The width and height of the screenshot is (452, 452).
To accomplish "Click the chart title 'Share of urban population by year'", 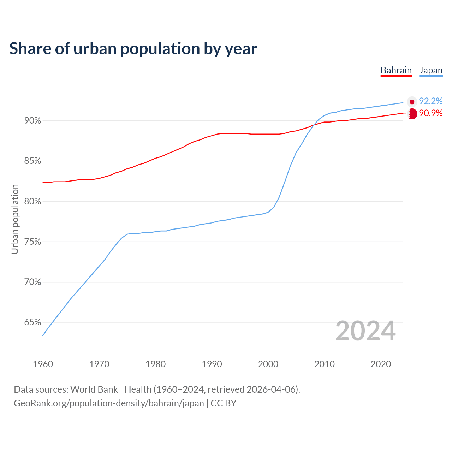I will (x=133, y=48).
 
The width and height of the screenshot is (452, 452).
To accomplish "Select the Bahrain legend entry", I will (x=396, y=70).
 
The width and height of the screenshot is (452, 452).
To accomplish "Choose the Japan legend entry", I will (x=431, y=70).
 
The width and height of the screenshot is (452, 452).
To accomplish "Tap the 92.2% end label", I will (x=430, y=101).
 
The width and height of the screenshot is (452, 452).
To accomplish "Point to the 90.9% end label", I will (x=430, y=113).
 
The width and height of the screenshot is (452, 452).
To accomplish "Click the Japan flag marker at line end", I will (x=412, y=102).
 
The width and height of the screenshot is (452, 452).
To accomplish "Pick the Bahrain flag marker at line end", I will (x=412, y=114).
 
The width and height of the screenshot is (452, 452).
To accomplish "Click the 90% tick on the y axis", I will (x=32, y=121).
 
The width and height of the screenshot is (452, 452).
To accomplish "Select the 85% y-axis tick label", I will (x=32, y=161).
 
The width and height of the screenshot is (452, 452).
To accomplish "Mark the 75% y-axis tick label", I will (x=32, y=242).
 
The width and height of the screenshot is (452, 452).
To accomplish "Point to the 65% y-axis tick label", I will (x=32, y=322).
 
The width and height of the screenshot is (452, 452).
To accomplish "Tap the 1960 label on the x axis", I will (x=43, y=364).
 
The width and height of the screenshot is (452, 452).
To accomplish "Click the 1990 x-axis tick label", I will (x=212, y=364).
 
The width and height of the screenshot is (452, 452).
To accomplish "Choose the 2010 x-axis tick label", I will (x=325, y=364).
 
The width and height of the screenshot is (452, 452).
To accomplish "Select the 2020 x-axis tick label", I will (x=381, y=364).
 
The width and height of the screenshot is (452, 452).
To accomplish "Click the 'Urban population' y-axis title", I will (x=15, y=219).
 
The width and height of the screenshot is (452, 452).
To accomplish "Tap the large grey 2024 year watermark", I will (x=365, y=331).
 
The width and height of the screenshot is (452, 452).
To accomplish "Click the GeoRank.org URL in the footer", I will (x=109, y=403).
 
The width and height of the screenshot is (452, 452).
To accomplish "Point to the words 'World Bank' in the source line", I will (x=94, y=389).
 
